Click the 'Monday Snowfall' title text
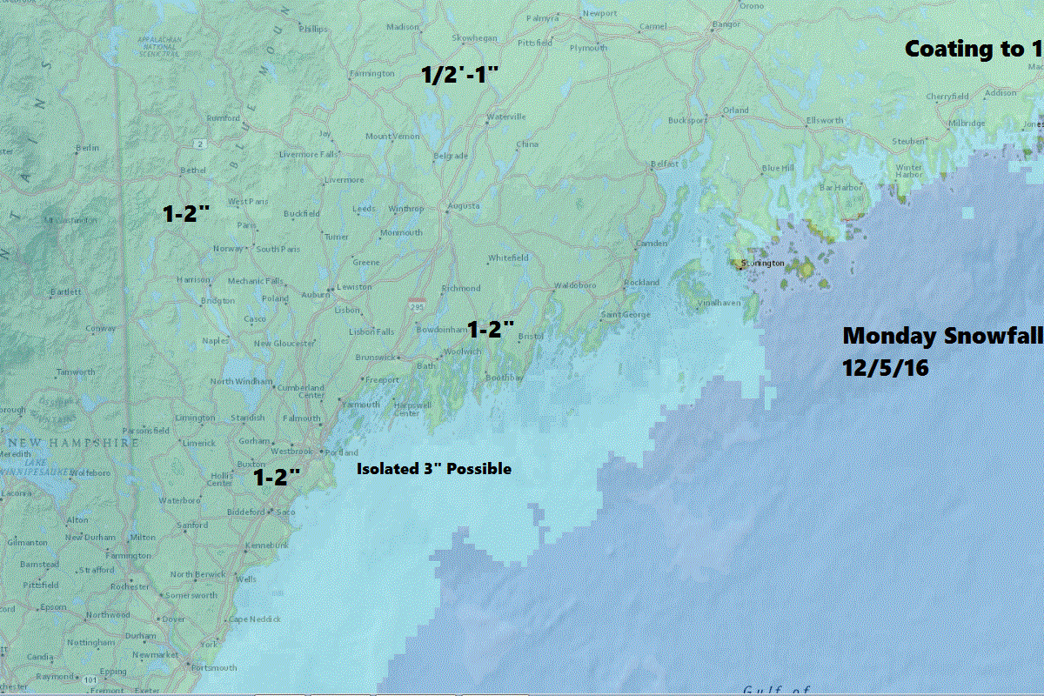pos(942,336)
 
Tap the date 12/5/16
pos(886,368)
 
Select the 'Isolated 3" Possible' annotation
pos(434,469)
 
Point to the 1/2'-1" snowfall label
pos(458,75)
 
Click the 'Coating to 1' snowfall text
pos(973,50)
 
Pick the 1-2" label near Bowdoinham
pos(492,330)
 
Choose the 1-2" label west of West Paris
pos(186,213)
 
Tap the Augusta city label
pos(462,207)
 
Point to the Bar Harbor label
pos(839,187)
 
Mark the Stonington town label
pos(763,263)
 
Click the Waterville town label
pos(506,117)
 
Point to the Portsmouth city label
pos(214,668)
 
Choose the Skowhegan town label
pos(474,38)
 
